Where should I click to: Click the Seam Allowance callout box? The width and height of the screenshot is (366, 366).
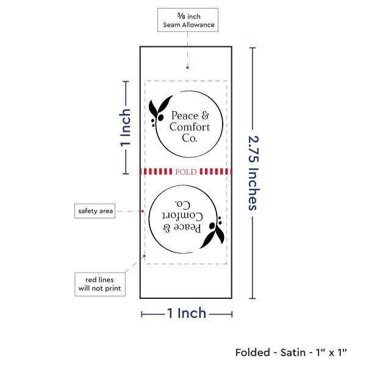point(187,20)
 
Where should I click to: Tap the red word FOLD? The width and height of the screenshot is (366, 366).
point(185,172)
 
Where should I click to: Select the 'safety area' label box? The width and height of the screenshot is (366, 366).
point(95,211)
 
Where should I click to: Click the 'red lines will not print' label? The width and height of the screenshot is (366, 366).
point(100,284)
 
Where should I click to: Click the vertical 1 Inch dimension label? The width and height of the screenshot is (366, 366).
point(125,128)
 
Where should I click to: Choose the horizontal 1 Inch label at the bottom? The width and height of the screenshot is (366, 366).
point(187,314)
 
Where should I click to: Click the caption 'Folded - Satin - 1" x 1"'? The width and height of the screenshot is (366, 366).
point(290,352)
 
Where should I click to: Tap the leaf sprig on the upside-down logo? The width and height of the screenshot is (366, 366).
point(213,234)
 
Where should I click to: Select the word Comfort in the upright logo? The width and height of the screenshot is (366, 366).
point(190,127)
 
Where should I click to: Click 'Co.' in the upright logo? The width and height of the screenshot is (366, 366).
point(190,138)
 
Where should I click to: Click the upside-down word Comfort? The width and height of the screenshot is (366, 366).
point(181,216)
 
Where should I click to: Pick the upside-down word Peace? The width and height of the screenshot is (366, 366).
point(186,228)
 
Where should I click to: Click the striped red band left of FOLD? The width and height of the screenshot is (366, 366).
point(156,171)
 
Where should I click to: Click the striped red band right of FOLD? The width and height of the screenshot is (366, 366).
point(215,171)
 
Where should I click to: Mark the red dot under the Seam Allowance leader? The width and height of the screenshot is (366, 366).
point(187,68)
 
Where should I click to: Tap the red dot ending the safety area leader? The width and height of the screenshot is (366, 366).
point(143,211)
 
